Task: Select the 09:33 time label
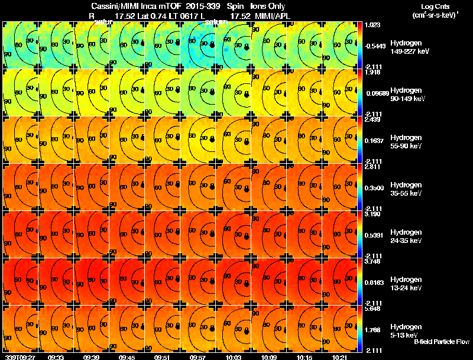tap(56, 357)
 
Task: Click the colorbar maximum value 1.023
tap(372, 25)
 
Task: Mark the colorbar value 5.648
tap(372, 308)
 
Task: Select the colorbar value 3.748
tap(372, 261)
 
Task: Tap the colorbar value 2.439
tap(372, 119)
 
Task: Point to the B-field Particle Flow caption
tap(441, 342)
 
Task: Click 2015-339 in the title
tap(200, 6)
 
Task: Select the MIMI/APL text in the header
tap(270, 16)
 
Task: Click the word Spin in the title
tap(236, 6)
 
